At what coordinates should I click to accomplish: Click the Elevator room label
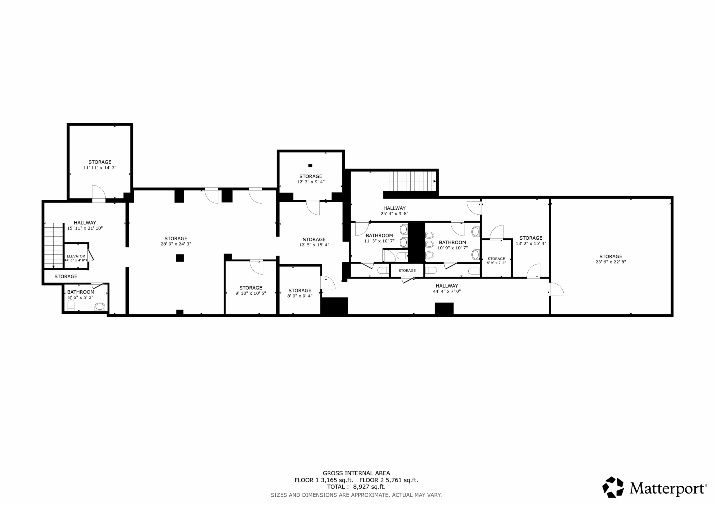click(76, 256)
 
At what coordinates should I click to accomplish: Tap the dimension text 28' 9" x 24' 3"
click(176, 244)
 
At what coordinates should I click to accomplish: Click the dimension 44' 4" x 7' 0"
click(447, 291)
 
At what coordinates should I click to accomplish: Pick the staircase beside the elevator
click(54, 245)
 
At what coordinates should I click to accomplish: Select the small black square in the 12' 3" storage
click(310, 165)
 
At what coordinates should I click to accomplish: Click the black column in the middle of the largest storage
click(180, 258)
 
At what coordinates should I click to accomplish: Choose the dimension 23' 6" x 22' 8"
click(610, 262)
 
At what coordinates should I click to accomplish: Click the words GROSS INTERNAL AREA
click(356, 473)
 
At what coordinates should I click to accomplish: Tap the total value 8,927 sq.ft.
click(369, 487)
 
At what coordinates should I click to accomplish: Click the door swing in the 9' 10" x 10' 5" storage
click(256, 267)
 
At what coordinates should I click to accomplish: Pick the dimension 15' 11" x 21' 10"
click(85, 228)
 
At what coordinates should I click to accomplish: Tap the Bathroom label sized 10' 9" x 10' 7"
click(452, 242)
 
